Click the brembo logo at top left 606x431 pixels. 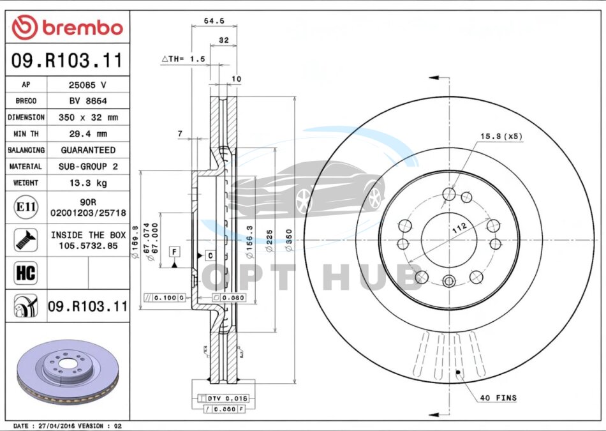pos(67,27)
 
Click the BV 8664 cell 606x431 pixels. pos(87,101)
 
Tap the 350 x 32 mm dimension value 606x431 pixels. pos(88,117)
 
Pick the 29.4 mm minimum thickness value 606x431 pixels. pos(88,134)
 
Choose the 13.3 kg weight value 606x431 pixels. pos(88,183)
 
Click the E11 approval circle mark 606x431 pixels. pos(25,208)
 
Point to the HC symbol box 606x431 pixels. pos(25,273)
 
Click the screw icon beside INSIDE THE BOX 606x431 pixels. pos(25,240)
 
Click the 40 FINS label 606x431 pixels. pos(498,398)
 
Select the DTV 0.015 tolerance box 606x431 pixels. pos(223,398)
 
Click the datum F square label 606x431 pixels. pos(174,252)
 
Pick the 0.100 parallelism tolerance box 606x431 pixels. pos(165,298)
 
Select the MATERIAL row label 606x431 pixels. pos(26,167)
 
